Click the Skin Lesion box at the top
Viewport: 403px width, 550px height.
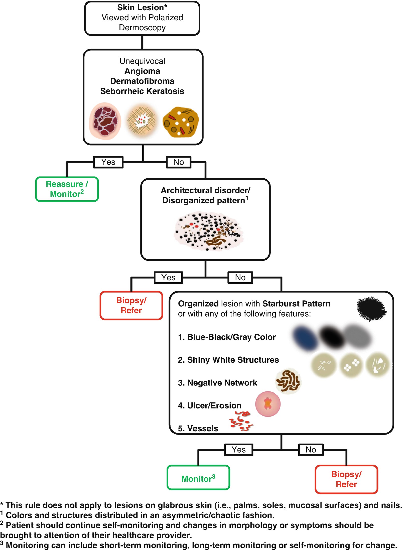[142, 18]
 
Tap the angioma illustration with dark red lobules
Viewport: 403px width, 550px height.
[105, 121]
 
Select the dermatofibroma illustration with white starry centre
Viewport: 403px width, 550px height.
[142, 121]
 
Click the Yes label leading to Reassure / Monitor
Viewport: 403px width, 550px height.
[108, 162]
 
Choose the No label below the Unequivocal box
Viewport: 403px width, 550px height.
[179, 162]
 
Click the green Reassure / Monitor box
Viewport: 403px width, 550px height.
[67, 189]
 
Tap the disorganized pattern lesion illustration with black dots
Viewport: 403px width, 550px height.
[208, 231]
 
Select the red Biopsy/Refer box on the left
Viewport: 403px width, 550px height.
[131, 305]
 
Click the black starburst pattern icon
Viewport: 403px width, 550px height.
[371, 308]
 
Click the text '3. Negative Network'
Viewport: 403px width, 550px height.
[217, 383]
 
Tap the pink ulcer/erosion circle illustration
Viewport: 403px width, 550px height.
[268, 404]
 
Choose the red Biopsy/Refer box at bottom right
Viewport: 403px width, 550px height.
[346, 479]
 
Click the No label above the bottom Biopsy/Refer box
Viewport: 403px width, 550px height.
[311, 450]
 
